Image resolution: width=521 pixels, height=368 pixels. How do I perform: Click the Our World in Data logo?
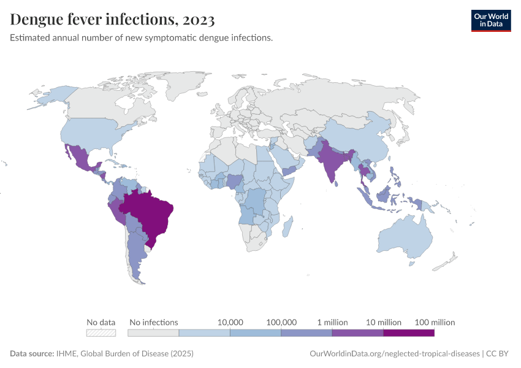point(490,20)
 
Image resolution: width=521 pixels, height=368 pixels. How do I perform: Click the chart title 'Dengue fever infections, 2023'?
point(112,20)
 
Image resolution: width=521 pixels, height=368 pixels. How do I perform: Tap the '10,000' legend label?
point(230,322)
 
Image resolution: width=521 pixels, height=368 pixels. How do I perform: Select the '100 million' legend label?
point(435,322)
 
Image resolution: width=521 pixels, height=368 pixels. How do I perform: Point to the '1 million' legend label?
point(332,322)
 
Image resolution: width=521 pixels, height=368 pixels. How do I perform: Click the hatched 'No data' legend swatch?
point(101,333)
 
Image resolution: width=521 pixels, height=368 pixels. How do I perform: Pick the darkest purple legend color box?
point(409,333)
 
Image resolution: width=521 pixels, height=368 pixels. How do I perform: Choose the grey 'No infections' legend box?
point(153,333)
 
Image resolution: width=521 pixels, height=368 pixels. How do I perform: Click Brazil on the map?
point(150,212)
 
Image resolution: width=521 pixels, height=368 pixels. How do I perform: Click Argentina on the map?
point(138,258)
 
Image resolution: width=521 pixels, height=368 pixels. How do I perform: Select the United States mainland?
point(92,132)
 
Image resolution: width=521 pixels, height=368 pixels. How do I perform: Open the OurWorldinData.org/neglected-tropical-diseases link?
point(395,354)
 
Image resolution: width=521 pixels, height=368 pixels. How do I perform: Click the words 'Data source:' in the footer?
point(31,354)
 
